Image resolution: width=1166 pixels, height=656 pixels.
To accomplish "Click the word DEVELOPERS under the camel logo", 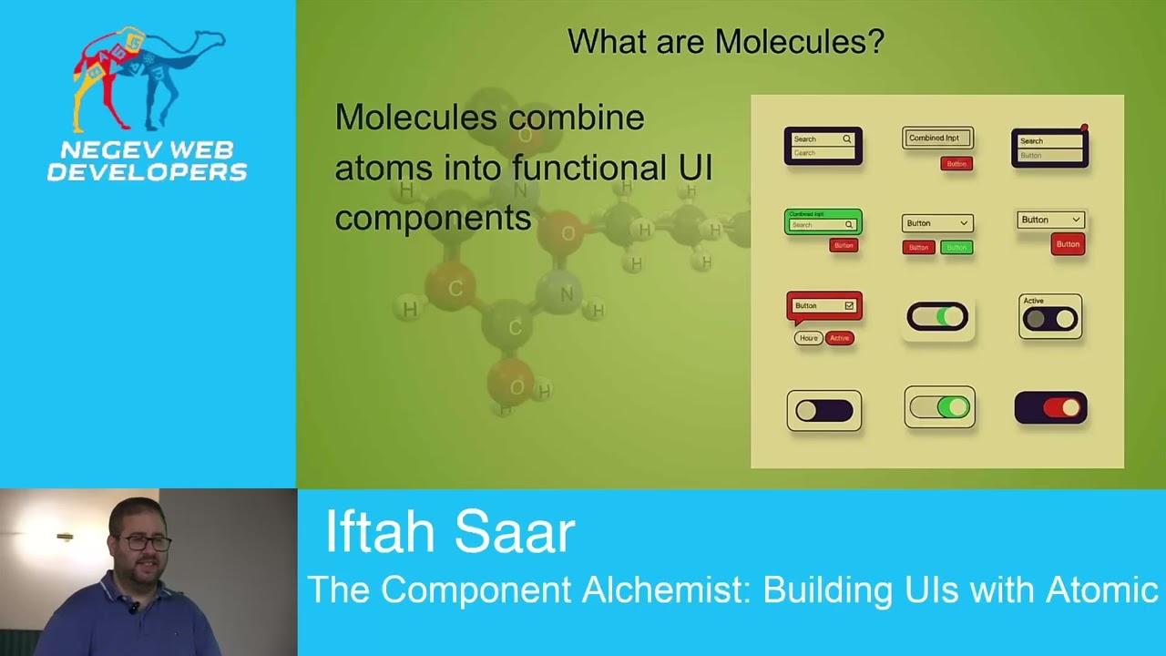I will tap(147, 171).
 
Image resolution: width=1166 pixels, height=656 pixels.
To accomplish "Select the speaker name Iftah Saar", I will tap(449, 531).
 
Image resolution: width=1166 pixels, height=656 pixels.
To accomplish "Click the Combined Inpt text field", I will tap(937, 138).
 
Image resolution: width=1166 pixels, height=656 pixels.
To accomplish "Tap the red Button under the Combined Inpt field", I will tap(956, 164).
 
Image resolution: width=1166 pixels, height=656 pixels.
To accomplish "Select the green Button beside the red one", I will tap(956, 247).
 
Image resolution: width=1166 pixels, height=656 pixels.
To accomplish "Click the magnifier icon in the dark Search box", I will tap(846, 139).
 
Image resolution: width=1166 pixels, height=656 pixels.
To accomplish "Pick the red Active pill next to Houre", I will tap(839, 338).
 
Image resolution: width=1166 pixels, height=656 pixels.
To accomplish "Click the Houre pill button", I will tap(808, 338).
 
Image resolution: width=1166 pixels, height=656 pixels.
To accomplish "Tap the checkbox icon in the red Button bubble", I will tap(849, 306).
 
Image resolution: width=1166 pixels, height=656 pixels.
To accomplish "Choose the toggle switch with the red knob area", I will tap(1050, 408).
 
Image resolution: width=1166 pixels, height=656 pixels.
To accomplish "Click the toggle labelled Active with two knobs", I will tap(1050, 318).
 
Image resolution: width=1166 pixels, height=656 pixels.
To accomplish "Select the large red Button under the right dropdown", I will tap(1068, 244).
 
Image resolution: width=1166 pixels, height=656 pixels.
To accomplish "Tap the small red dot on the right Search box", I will tap(1084, 128).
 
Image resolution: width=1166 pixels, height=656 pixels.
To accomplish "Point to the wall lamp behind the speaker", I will tap(65, 538).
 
